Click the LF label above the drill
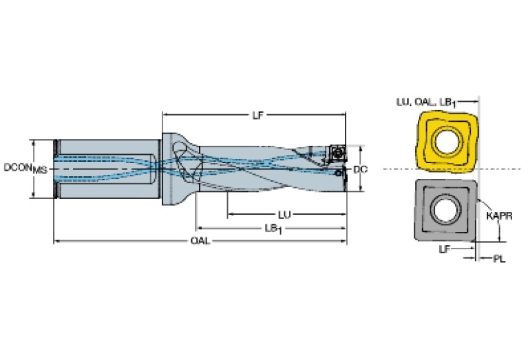pyautogui.click(x=258, y=116)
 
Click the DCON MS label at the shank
pyautogui.click(x=25, y=169)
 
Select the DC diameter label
pyautogui.click(x=360, y=169)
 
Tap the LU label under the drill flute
pyautogui.click(x=284, y=215)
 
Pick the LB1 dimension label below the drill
pyautogui.click(x=273, y=229)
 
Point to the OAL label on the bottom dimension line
pyautogui.click(x=200, y=241)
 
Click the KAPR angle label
pyautogui.click(x=499, y=216)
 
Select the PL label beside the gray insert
pyautogui.click(x=499, y=259)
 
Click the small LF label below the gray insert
pyautogui.click(x=445, y=249)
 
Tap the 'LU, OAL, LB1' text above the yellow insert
pyautogui.click(x=426, y=103)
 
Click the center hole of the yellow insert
pyautogui.click(x=446, y=141)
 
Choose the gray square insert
pyautogui.click(x=445, y=210)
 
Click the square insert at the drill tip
pyautogui.click(x=338, y=153)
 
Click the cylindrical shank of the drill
pyautogui.click(x=107, y=169)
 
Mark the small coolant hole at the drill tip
pyautogui.click(x=338, y=173)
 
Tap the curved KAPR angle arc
pyautogui.click(x=492, y=215)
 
